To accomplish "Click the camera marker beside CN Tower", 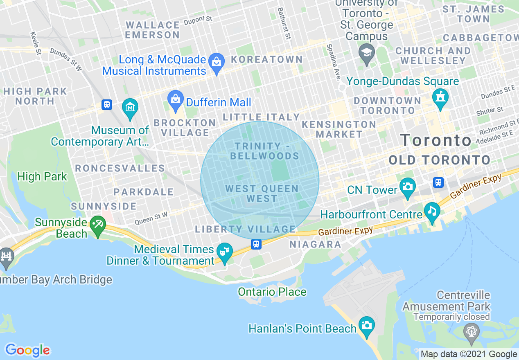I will [x=407, y=187].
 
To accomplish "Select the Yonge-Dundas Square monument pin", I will [x=440, y=98].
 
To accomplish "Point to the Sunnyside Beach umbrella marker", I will [x=97, y=225].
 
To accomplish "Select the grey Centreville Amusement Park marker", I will [x=471, y=331].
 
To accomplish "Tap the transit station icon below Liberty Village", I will [x=256, y=244].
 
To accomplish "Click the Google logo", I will [x=27, y=350].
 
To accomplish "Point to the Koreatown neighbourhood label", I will [x=267, y=60].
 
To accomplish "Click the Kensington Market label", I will [x=339, y=129].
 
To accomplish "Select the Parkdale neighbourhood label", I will [x=144, y=192].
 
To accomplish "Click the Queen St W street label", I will [x=151, y=219].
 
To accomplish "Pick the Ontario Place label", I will [x=272, y=292].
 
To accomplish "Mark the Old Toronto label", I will [x=439, y=160].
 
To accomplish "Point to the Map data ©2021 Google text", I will [x=469, y=354].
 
